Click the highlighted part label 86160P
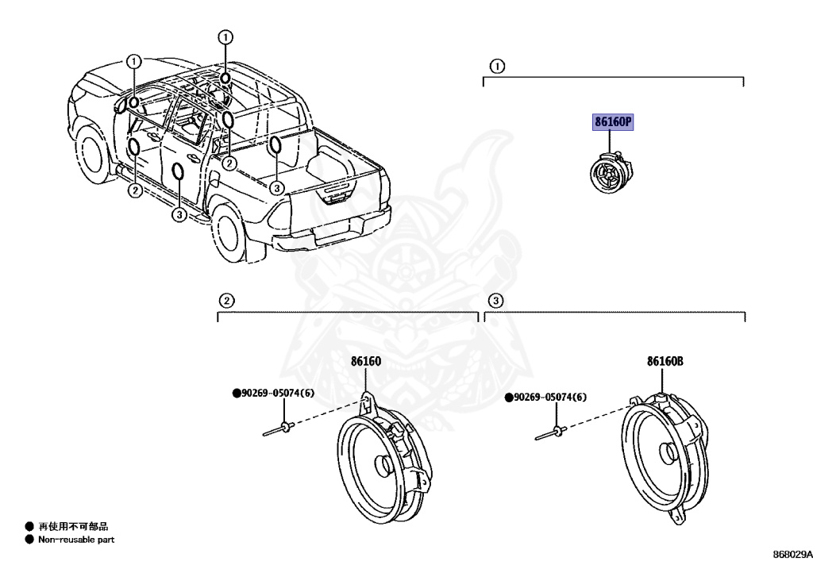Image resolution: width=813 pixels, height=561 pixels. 613,123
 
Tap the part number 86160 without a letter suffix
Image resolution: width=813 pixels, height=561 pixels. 366,362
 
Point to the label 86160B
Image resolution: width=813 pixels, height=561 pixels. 665,362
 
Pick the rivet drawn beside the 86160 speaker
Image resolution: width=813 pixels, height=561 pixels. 278,430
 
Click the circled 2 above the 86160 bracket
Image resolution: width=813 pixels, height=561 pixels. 226,301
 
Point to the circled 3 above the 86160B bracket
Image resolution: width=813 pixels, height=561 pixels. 495,301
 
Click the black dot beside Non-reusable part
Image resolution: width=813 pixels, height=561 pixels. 29,540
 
